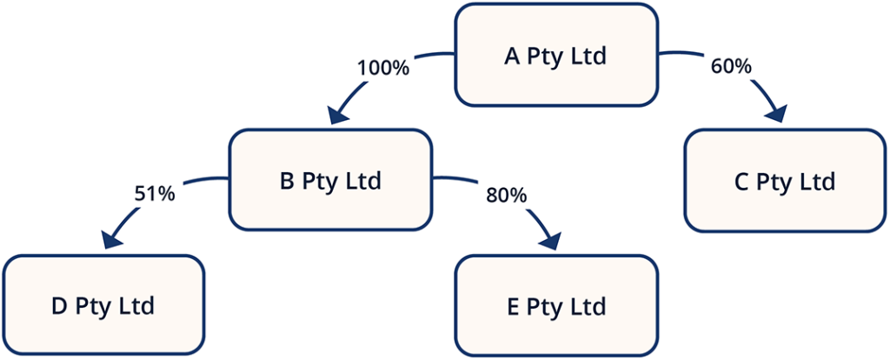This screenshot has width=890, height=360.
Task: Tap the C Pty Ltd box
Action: tap(784, 182)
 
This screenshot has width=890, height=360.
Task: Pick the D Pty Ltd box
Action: tap(103, 306)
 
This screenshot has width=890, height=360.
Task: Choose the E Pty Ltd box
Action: tap(556, 306)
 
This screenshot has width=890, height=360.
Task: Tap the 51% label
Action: tap(156, 193)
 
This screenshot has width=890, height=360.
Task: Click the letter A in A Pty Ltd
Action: tap(512, 57)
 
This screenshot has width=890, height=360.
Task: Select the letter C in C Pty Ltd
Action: tap(741, 183)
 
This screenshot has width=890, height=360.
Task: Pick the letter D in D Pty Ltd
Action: tap(58, 307)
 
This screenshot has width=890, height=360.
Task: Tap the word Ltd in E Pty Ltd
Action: tap(588, 307)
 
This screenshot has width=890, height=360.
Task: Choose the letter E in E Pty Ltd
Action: tap(512, 307)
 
